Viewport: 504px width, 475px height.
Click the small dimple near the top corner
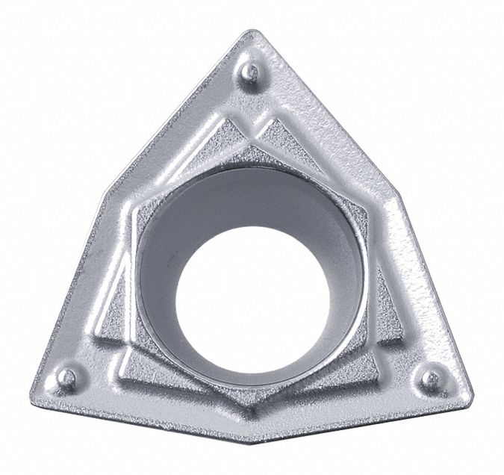click(253, 72)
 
